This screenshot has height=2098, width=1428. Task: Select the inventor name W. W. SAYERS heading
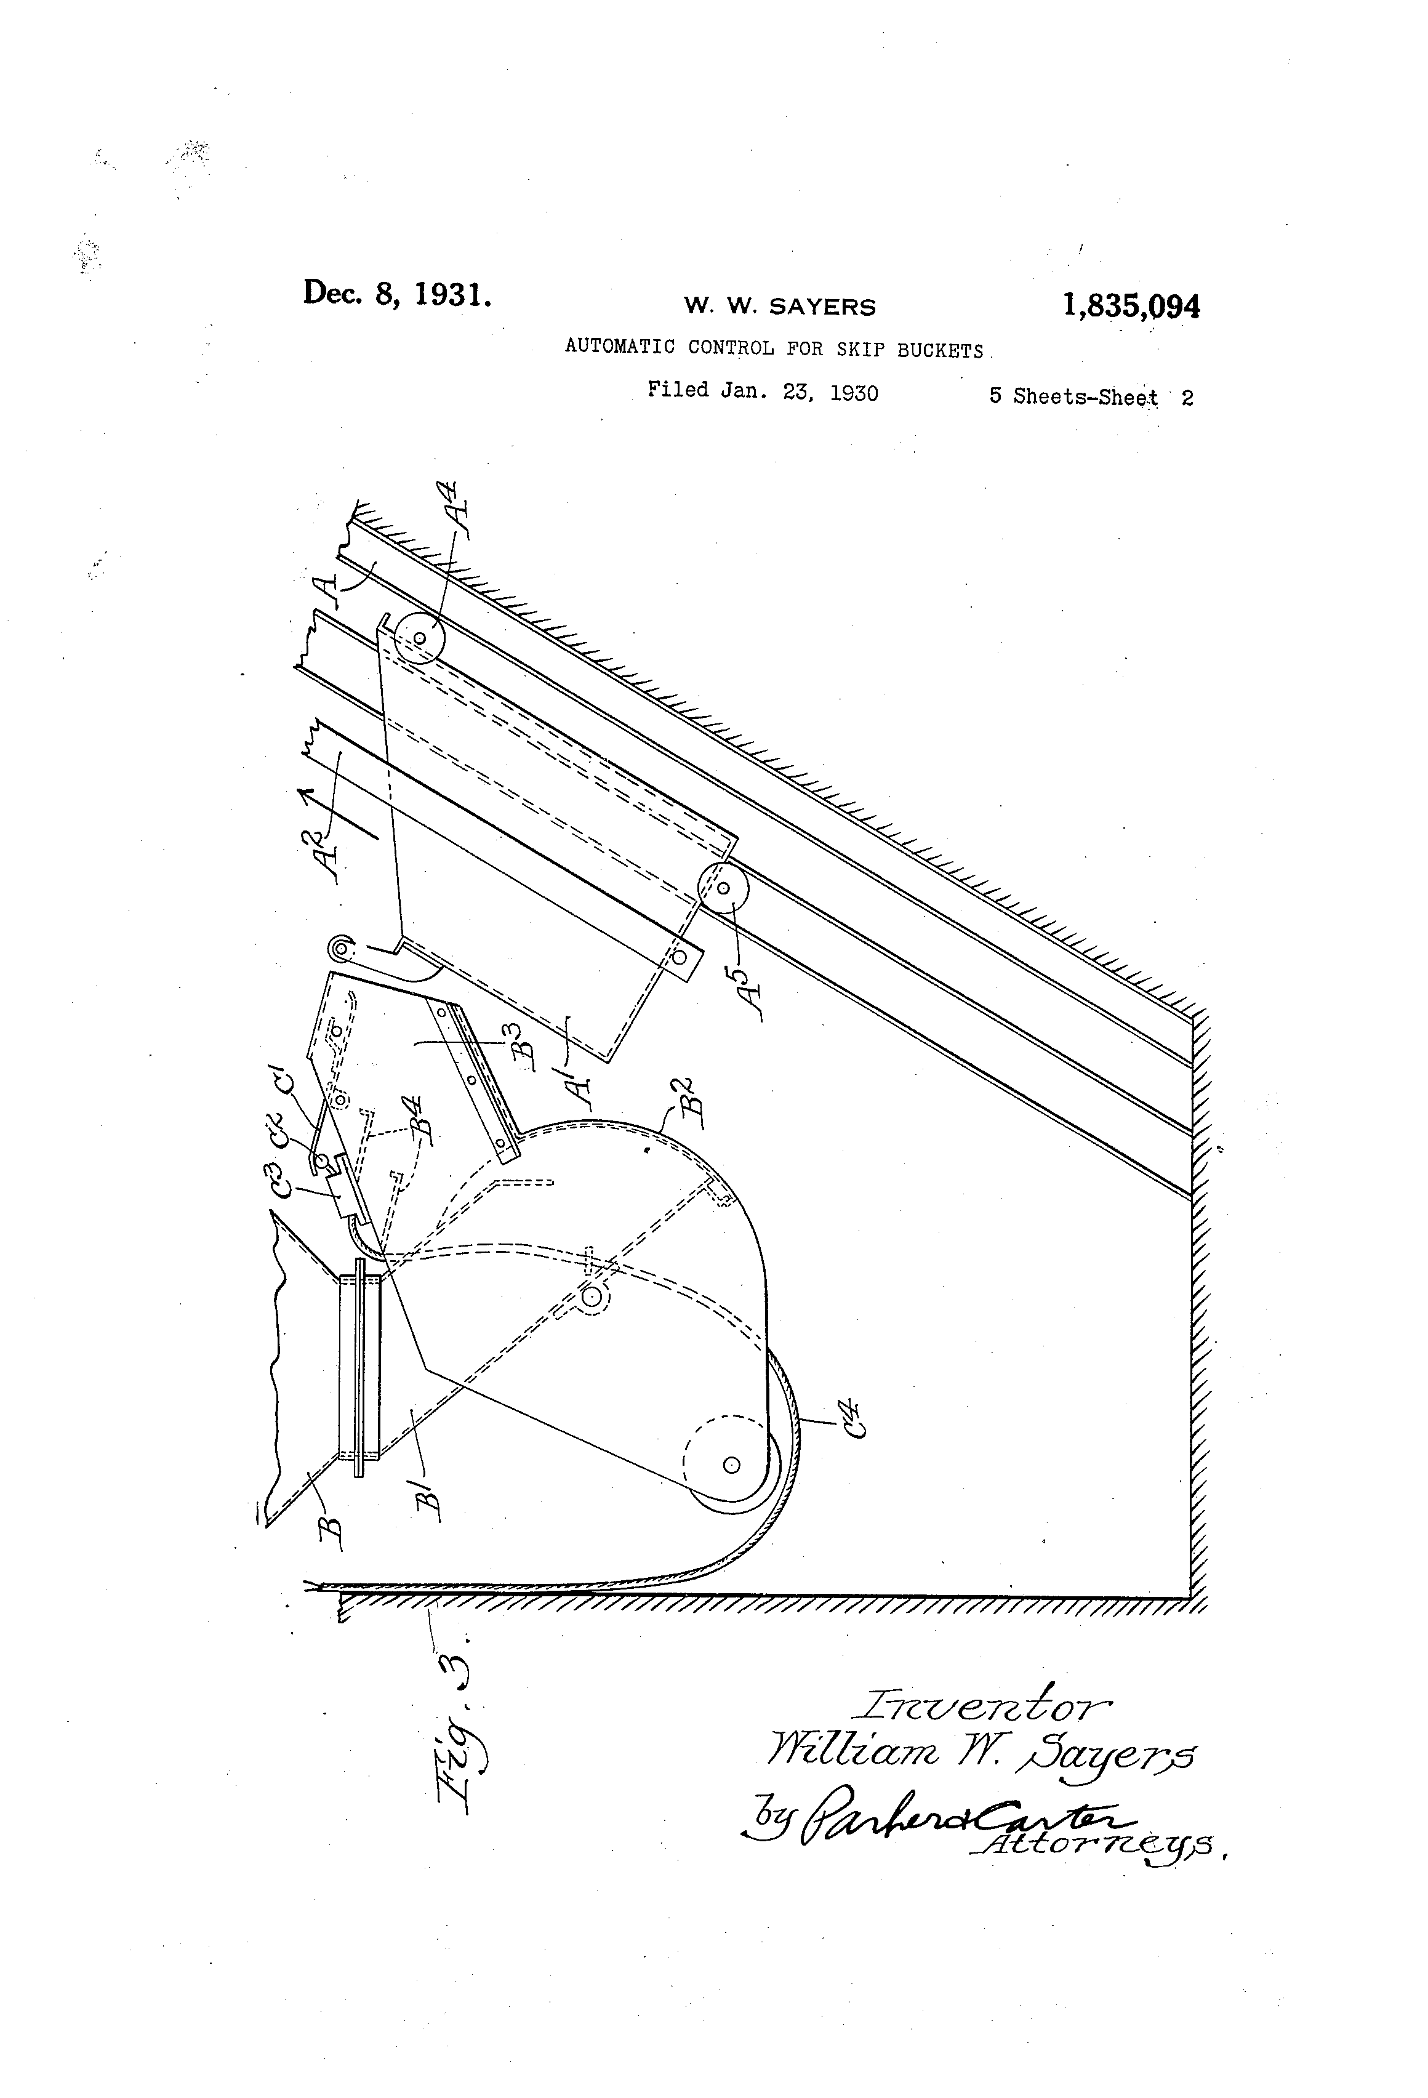[x=779, y=307]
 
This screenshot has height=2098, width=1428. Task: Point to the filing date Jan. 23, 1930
[x=800, y=392]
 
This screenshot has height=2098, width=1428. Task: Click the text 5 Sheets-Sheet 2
[x=1091, y=396]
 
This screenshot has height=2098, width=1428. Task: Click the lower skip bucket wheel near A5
[x=723, y=888]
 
